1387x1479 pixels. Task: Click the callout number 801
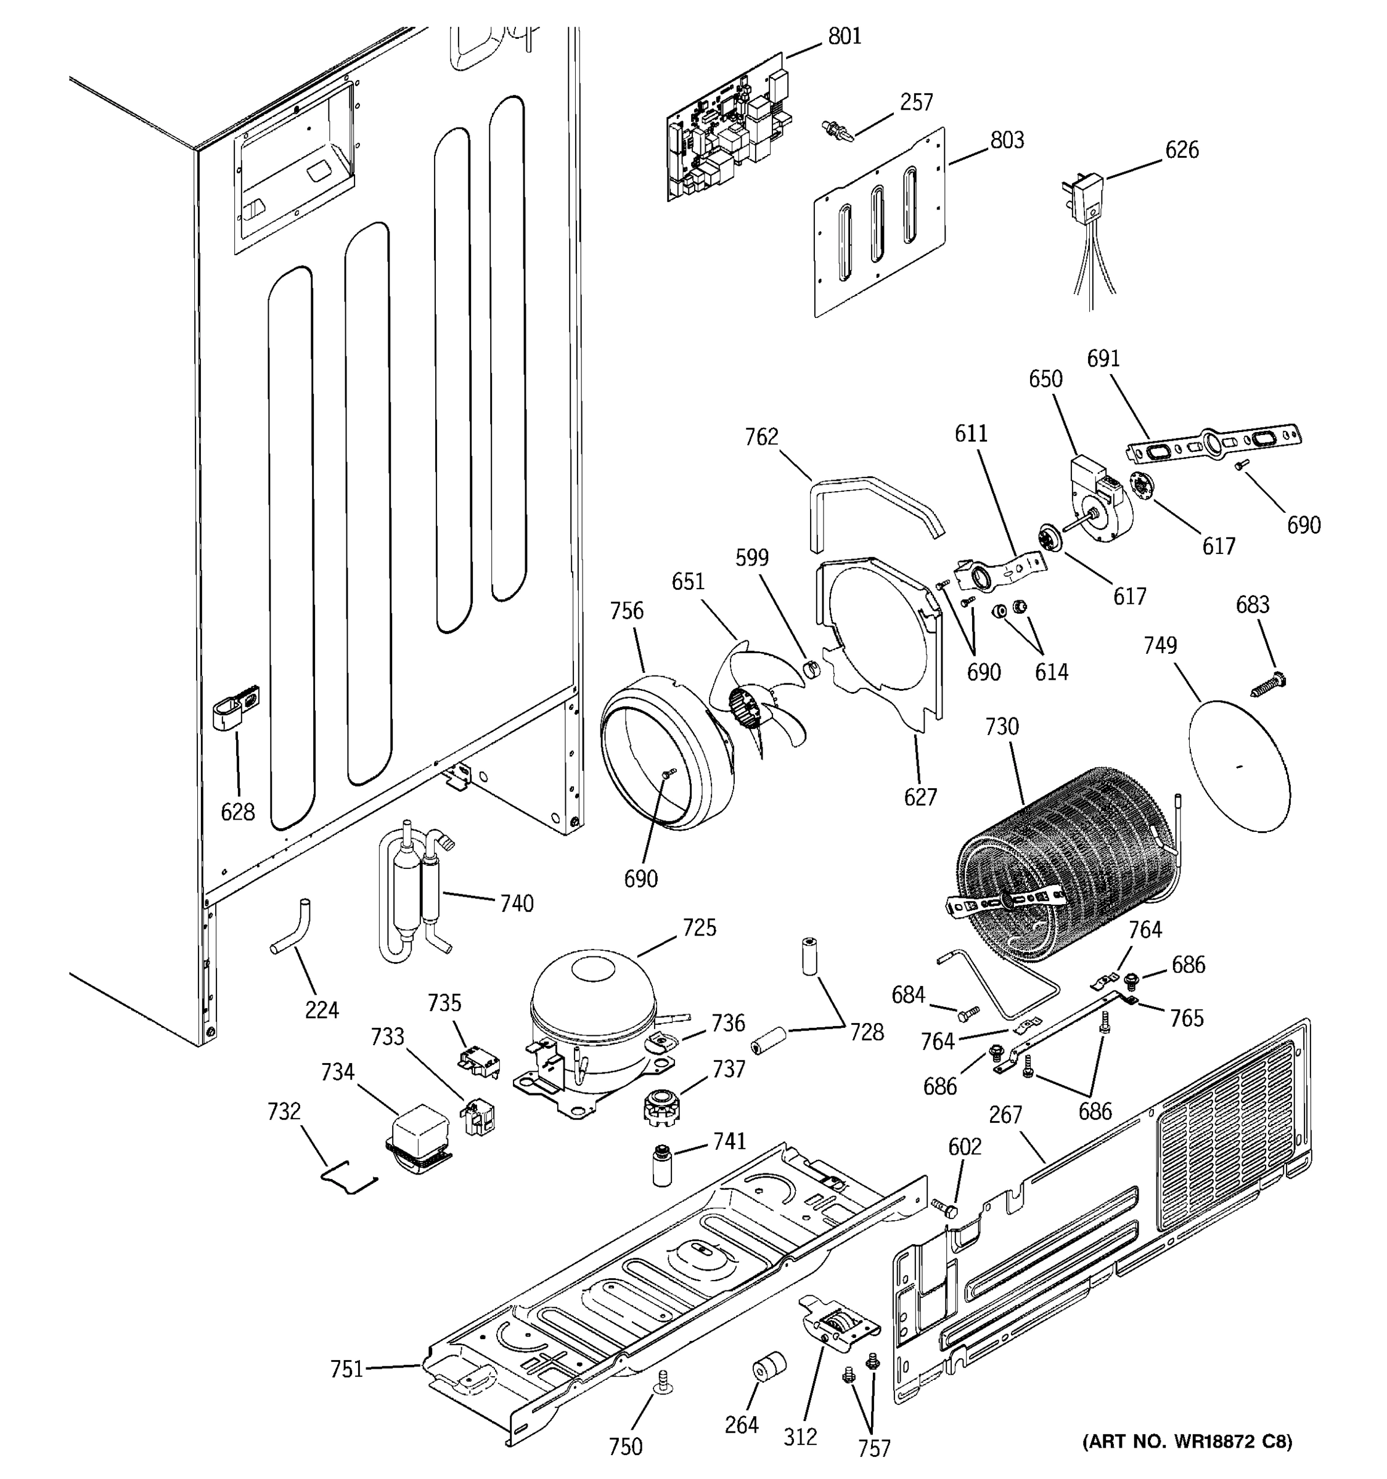coord(845,36)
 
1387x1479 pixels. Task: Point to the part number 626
coord(1182,150)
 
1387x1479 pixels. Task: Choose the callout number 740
coord(517,903)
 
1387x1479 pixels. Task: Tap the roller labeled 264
coord(767,1367)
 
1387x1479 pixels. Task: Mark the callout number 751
coord(346,1368)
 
